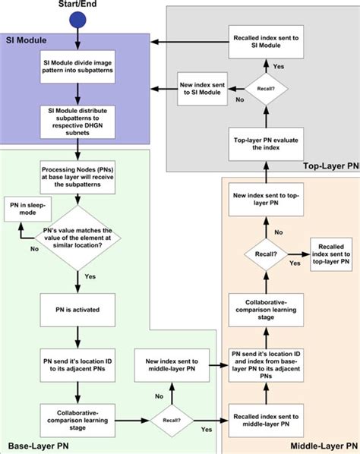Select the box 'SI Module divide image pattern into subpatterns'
point(77,77)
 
